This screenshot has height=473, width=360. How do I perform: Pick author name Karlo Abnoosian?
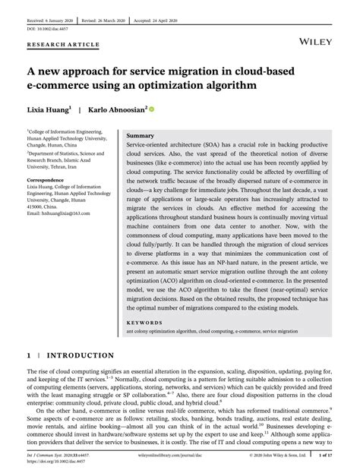[117, 109]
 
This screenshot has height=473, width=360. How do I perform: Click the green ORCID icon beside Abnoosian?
[152, 109]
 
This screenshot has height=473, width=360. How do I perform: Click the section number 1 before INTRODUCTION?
[29, 355]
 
